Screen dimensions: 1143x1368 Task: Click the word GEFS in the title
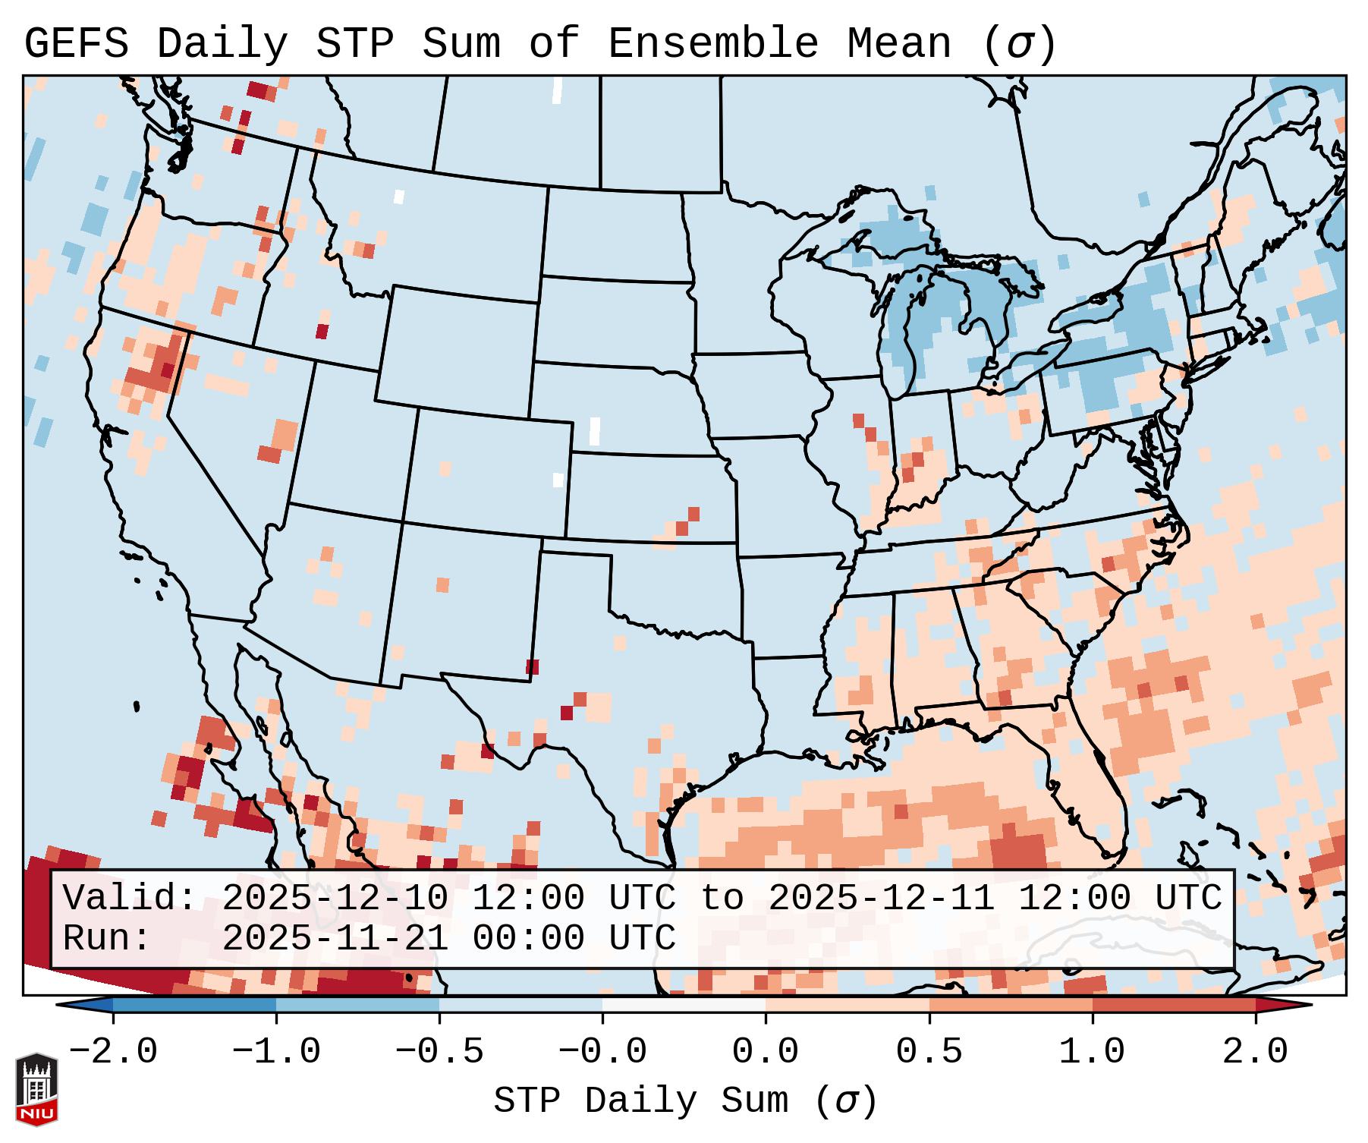tap(76, 44)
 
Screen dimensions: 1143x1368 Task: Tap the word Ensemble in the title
tap(712, 44)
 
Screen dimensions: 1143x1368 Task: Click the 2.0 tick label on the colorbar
tap(1255, 1052)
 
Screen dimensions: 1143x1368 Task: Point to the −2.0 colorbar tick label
tap(113, 1052)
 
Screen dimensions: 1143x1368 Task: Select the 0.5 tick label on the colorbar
tap(929, 1052)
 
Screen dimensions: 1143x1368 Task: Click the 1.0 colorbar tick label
tap(1092, 1052)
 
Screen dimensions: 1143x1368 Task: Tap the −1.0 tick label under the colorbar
tap(276, 1052)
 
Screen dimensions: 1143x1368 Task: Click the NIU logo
tap(36, 1088)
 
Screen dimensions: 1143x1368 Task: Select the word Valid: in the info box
tap(129, 899)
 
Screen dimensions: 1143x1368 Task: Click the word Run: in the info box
tap(106, 938)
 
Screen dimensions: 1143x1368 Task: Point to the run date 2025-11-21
tap(334, 938)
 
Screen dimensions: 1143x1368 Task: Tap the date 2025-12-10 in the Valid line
tap(334, 899)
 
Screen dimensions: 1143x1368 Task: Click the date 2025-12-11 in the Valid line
tap(881, 899)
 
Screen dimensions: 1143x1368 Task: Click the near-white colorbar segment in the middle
tap(684, 1005)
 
